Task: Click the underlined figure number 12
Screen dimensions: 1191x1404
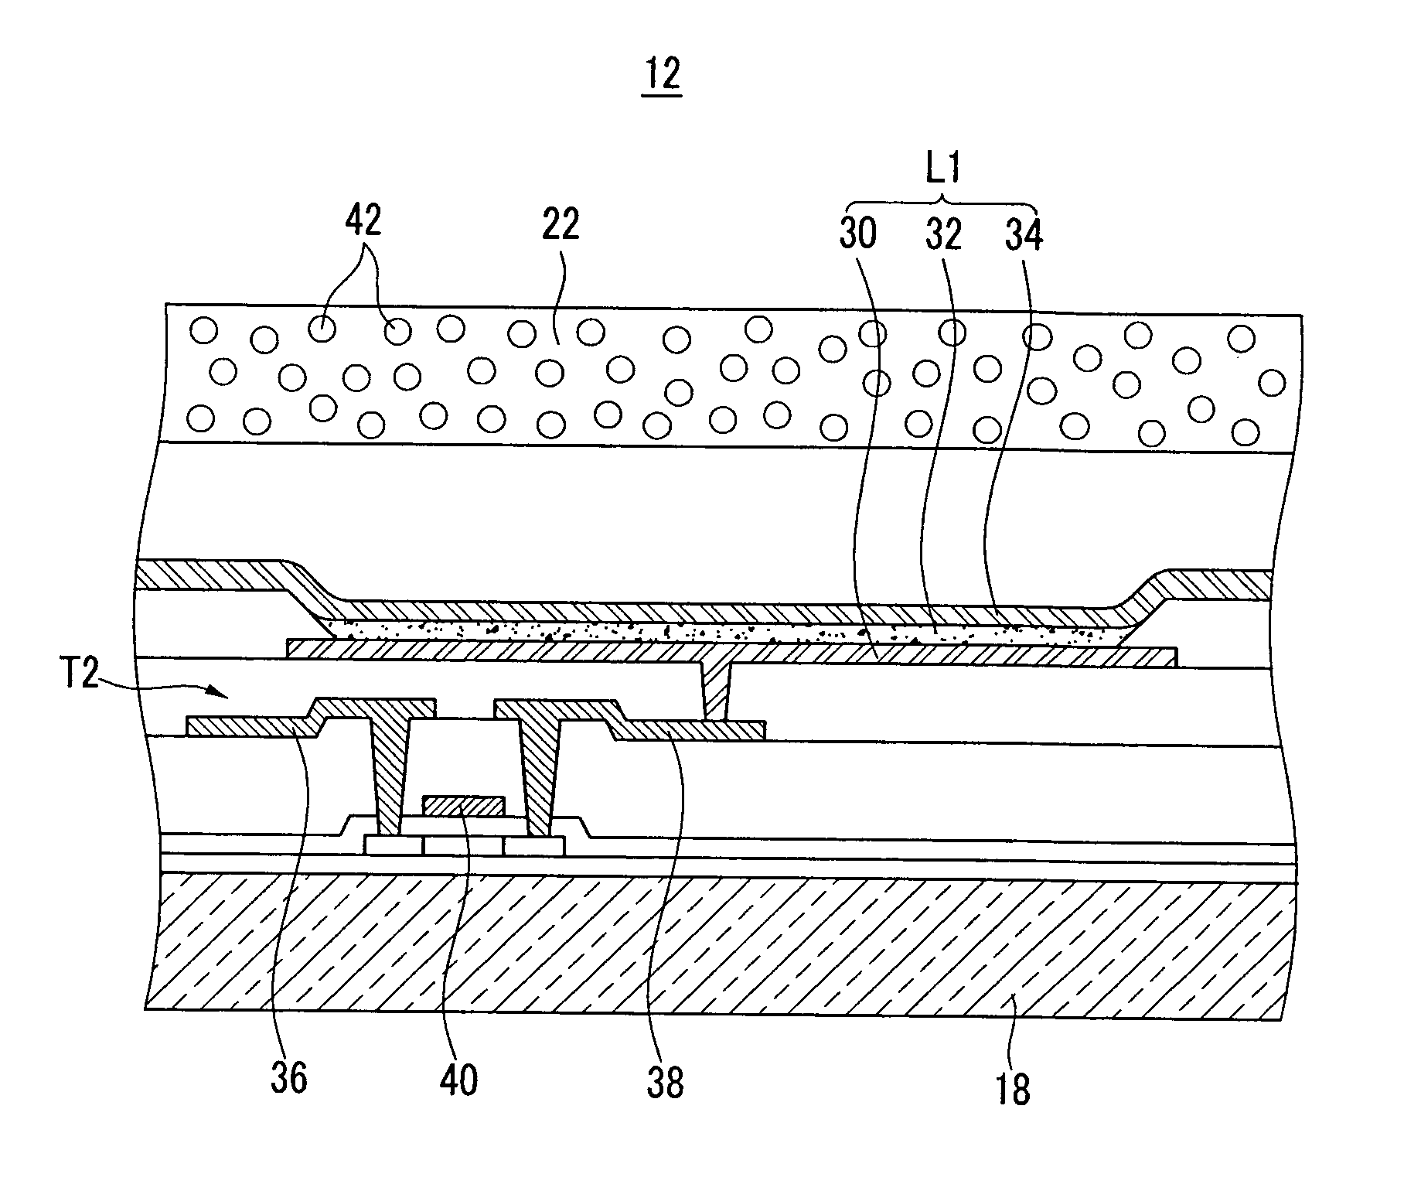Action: coord(662,75)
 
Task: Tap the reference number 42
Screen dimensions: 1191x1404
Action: coord(363,223)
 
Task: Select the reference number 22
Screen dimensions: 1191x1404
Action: coord(561,226)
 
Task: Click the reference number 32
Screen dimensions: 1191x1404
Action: coord(943,233)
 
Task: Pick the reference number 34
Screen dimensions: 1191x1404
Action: coord(1024,233)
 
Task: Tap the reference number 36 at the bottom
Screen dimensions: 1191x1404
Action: coord(289,1077)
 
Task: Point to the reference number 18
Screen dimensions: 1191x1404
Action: coord(1013,1088)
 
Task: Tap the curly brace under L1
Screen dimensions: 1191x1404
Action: coord(942,203)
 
